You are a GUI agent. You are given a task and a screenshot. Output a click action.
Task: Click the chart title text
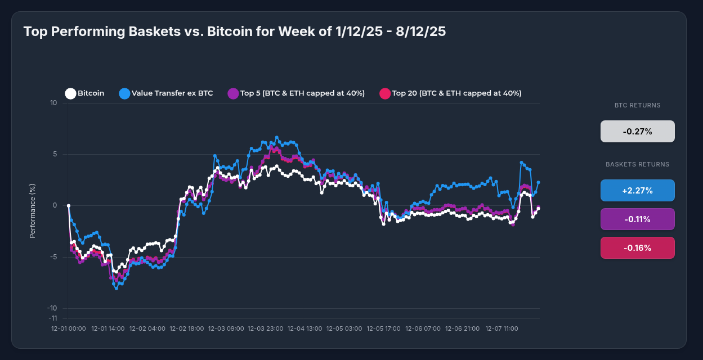234,31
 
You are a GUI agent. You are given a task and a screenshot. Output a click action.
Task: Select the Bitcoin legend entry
85,93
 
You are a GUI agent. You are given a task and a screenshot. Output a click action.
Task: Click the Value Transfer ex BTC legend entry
166,93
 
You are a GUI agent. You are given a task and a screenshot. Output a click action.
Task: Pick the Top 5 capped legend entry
296,93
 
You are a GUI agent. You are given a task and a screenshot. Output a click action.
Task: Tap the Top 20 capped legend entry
450,93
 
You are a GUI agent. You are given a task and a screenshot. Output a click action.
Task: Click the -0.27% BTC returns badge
637,132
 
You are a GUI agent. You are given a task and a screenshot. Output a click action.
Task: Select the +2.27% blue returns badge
637,190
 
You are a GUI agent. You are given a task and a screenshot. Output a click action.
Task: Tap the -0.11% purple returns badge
637,219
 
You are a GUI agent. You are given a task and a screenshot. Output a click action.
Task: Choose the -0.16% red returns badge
637,247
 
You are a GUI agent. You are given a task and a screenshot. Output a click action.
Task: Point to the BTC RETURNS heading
637,105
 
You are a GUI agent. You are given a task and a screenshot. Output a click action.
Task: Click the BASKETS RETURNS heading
637,164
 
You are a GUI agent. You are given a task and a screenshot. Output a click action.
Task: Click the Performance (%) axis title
33,210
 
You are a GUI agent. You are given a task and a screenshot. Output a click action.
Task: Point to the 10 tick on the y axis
53,103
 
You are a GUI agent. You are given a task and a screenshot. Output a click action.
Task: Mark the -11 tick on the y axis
52,318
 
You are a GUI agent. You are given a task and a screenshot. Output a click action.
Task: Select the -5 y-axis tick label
53,257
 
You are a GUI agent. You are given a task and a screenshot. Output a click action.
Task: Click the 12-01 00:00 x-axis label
68,328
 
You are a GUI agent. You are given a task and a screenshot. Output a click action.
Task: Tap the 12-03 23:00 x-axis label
265,328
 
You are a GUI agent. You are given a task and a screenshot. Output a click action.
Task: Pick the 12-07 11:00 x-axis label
501,328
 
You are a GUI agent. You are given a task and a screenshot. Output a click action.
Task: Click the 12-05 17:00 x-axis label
383,328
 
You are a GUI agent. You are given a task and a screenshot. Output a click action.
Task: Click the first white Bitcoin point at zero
69,206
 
